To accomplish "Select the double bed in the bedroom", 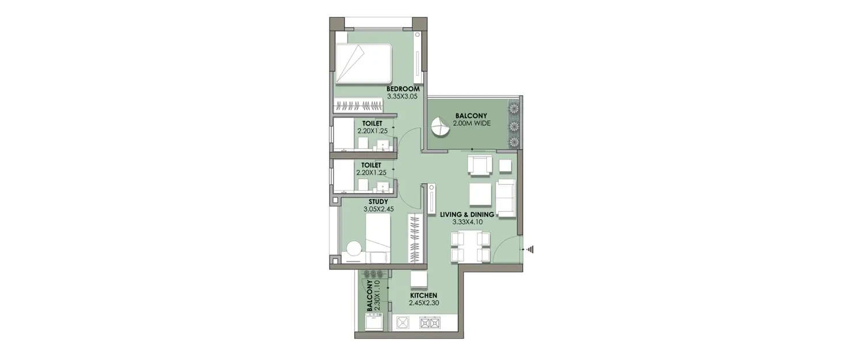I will coord(364,64).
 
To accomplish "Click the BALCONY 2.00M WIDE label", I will coord(471,119).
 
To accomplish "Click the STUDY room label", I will coord(378,201).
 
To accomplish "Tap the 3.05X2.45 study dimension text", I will coord(378,209).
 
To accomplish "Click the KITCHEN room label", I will coord(424,295).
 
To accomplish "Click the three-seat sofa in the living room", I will coord(506,198).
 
